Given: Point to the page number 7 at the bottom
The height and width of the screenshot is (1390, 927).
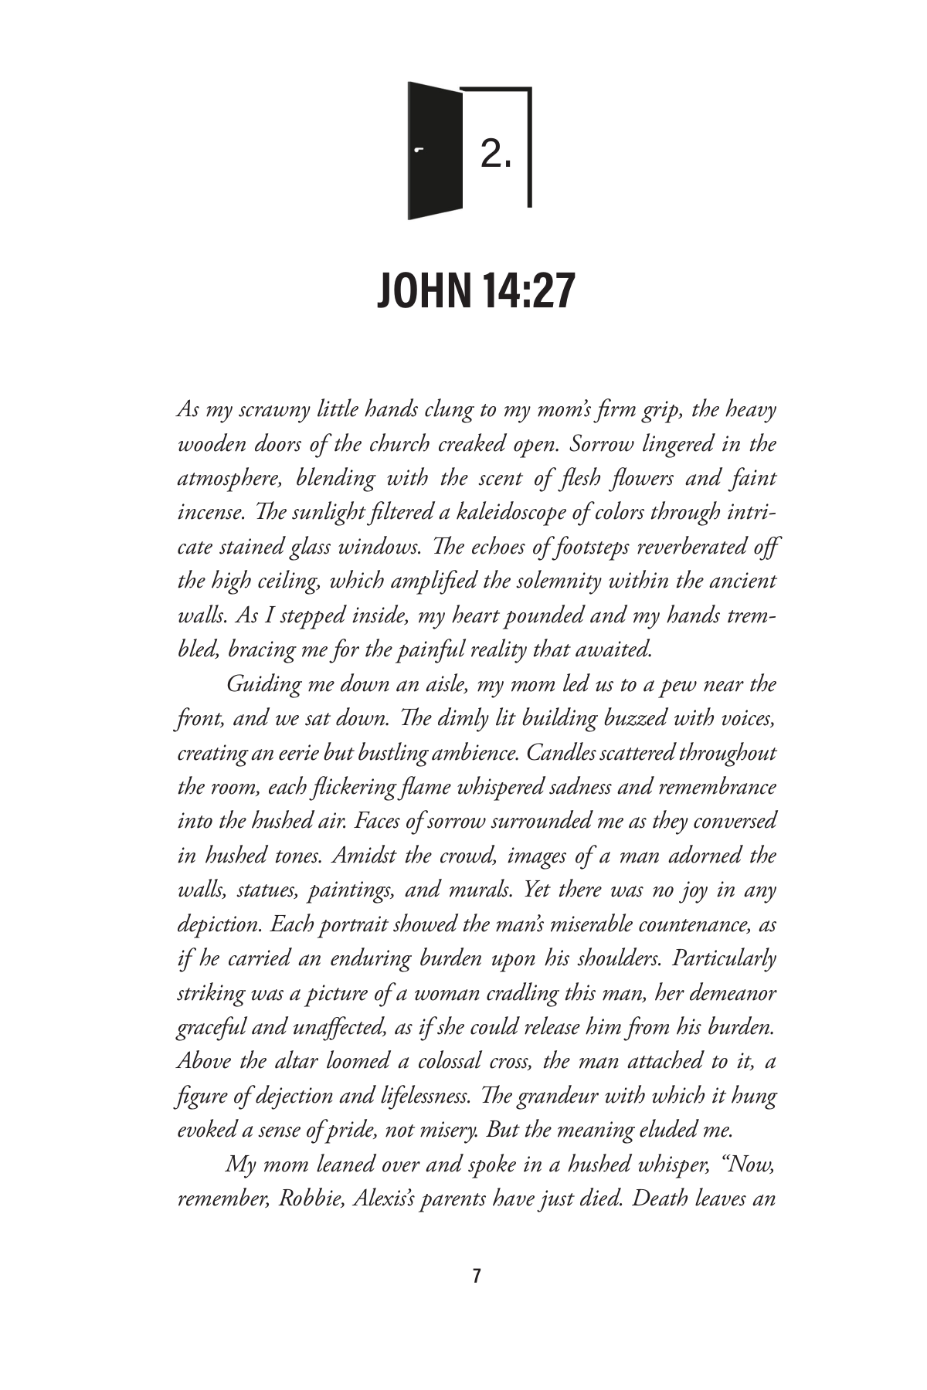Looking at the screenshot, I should (476, 1276).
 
